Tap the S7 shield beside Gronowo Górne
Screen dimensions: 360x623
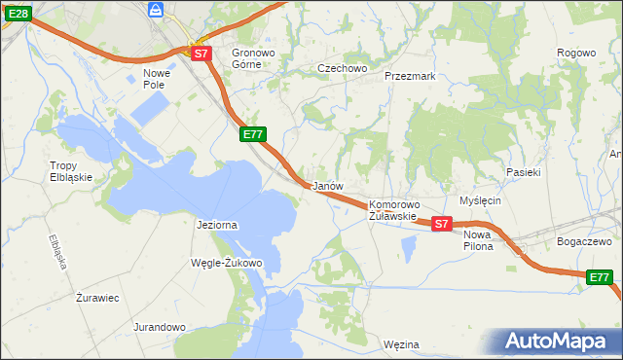pyautogui.click(x=201, y=54)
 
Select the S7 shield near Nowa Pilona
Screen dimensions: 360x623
pyautogui.click(x=441, y=224)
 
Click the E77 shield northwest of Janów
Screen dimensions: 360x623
pyautogui.click(x=252, y=135)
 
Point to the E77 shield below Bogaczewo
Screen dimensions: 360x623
pyautogui.click(x=601, y=278)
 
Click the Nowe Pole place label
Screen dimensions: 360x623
pyautogui.click(x=157, y=78)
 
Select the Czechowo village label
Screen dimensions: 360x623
pyautogui.click(x=342, y=69)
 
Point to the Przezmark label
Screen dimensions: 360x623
pyautogui.click(x=409, y=75)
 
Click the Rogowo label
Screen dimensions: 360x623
pyautogui.click(x=575, y=53)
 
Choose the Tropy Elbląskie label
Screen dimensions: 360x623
pyautogui.click(x=71, y=171)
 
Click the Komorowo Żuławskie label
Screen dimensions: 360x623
pyautogui.click(x=393, y=210)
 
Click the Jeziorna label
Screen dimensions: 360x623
pyautogui.click(x=217, y=225)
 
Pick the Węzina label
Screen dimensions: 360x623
pyautogui.click(x=401, y=344)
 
